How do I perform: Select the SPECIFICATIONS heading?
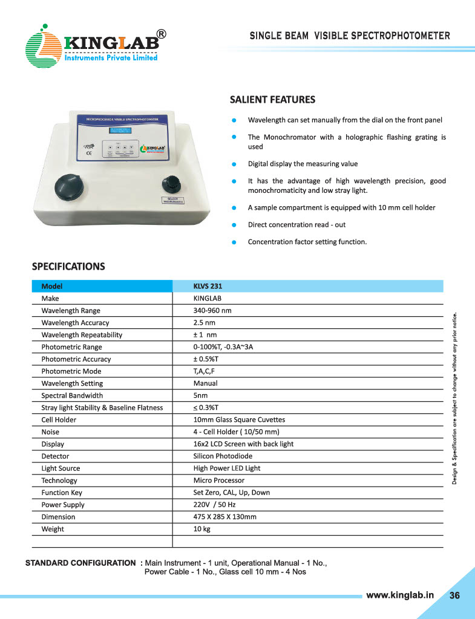point(68,266)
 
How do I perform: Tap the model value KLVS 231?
point(208,287)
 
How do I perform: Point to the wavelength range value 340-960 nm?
point(212,311)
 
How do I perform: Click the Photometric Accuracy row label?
point(76,359)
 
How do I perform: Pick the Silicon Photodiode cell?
point(223,456)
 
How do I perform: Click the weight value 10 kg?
point(201,529)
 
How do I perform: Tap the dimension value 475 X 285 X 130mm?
point(225,517)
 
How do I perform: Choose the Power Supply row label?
point(63,505)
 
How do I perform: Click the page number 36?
point(454,595)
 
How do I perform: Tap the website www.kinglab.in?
point(401,595)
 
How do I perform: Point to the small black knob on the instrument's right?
point(171,184)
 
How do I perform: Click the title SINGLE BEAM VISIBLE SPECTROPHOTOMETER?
point(350,36)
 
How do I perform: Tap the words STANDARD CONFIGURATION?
point(80,563)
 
